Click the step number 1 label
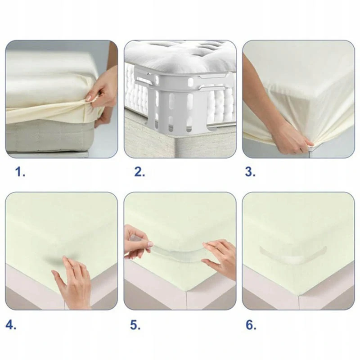coord(20,172)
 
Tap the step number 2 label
coord(139,172)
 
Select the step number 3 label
coord(250,172)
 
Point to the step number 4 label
coord(11,325)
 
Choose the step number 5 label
coord(135,325)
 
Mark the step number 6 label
coord(251,325)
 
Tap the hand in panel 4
coord(72,283)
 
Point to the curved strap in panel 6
coord(293,255)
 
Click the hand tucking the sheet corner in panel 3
coord(290,138)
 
